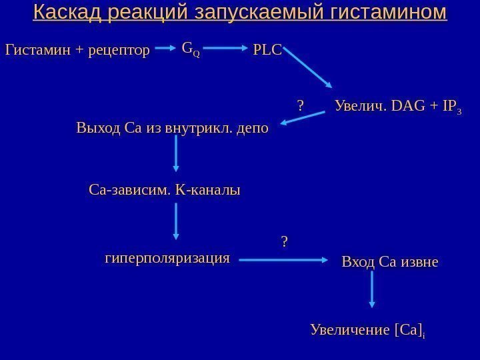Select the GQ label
[x=190, y=48]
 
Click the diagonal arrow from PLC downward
[x=308, y=69]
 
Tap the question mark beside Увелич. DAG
[x=300, y=105]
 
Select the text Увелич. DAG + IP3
[x=399, y=107]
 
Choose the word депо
[x=253, y=127]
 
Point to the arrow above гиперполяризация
[x=176, y=221]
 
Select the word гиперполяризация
[x=167, y=257]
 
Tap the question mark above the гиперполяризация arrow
[x=285, y=241]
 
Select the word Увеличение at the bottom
[x=351, y=329]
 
